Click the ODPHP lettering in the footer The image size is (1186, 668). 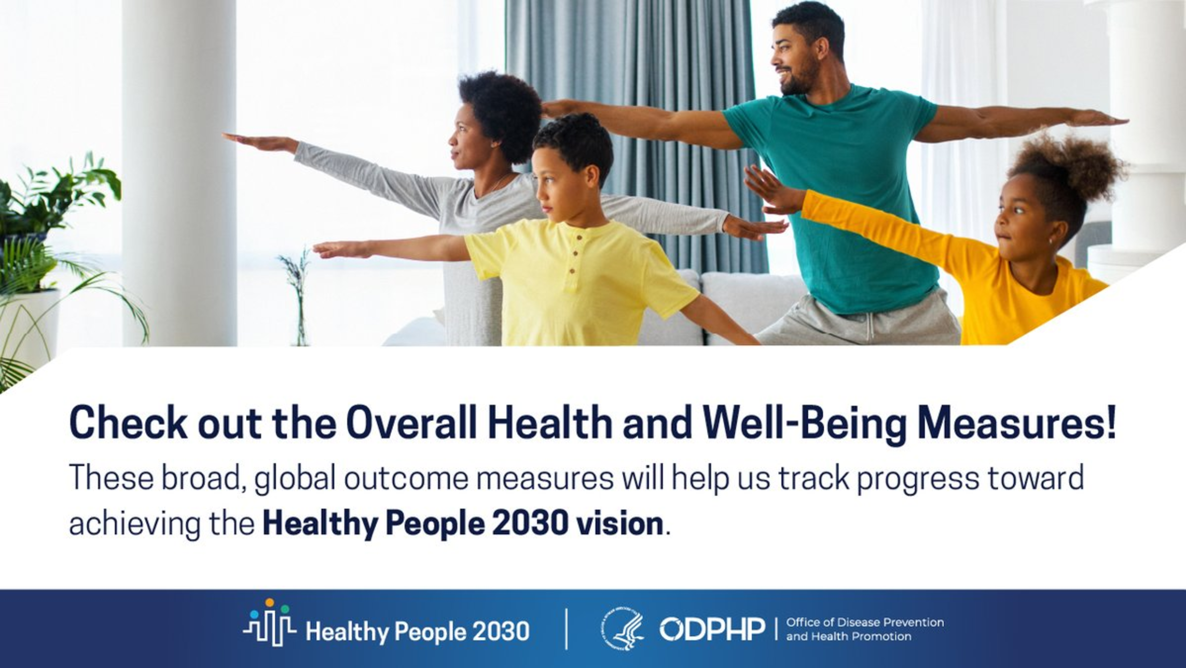(x=712, y=629)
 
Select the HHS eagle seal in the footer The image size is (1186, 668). (x=623, y=630)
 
